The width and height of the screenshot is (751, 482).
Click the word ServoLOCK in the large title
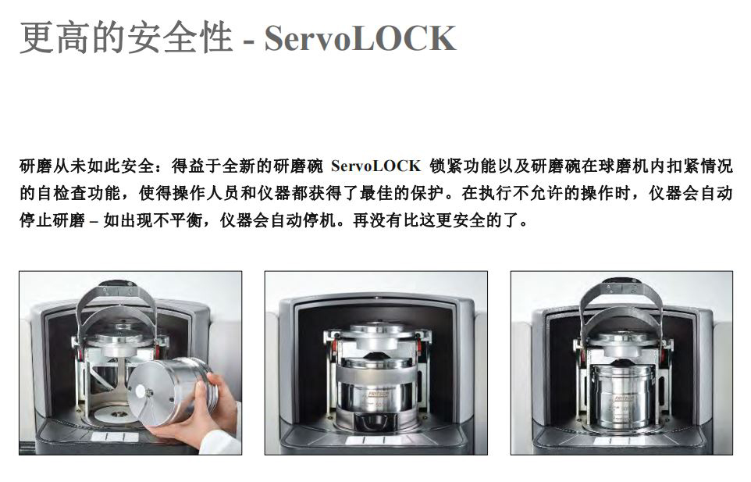click(360, 37)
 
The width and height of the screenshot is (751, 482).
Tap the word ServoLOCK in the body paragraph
click(376, 166)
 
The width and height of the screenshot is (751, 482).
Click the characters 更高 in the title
click(56, 37)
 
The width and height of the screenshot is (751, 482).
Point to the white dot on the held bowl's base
click(141, 392)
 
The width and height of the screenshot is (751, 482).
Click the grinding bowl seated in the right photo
click(621, 395)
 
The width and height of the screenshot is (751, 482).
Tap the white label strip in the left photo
click(115, 437)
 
